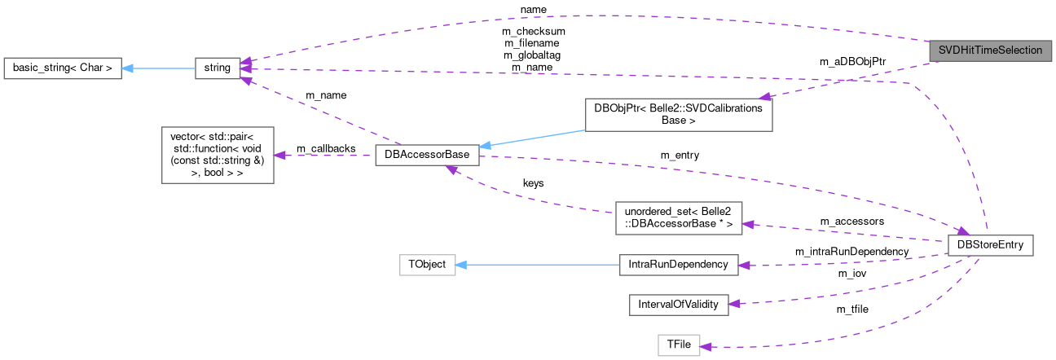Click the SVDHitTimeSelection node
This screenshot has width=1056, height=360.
pos(990,50)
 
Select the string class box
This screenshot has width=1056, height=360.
pos(218,68)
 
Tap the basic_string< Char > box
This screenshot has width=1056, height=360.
pos(63,68)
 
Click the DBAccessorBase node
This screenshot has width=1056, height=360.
pos(426,156)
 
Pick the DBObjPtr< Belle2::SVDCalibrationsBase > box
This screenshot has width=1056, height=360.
pos(678,115)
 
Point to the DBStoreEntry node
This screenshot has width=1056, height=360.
pos(991,244)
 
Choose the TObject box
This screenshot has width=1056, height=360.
pos(427,265)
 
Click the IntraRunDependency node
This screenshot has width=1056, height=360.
pos(678,265)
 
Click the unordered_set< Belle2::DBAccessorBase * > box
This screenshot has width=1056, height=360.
pos(678,217)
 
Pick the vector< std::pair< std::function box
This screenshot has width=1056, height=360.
pos(218,154)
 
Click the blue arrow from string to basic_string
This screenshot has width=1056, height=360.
pos(159,68)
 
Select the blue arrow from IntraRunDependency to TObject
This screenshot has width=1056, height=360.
pos(538,265)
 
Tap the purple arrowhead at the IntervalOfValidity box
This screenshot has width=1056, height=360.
pos(733,303)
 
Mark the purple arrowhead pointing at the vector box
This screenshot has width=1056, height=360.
pos(279,155)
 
